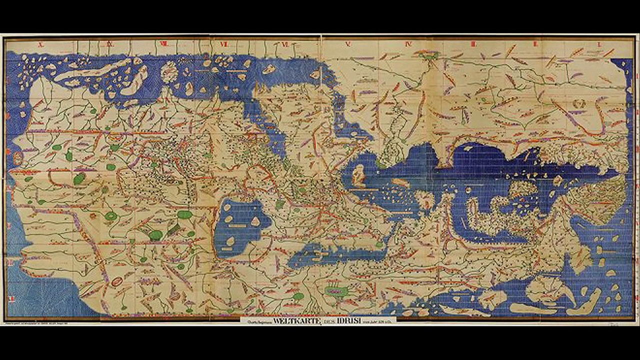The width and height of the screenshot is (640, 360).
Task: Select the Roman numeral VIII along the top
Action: tap(163, 44)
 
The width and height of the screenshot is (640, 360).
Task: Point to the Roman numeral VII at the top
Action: tap(224, 44)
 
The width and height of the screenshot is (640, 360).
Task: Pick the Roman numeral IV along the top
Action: tap(408, 44)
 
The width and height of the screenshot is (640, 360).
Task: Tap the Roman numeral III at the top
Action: tap(472, 44)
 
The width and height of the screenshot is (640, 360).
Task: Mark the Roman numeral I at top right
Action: tap(598, 44)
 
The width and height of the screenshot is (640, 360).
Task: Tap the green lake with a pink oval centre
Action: tap(336, 290)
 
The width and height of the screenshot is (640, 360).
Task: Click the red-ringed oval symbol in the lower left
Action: tap(116, 282)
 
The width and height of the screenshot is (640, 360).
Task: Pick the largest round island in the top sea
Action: tap(169, 70)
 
